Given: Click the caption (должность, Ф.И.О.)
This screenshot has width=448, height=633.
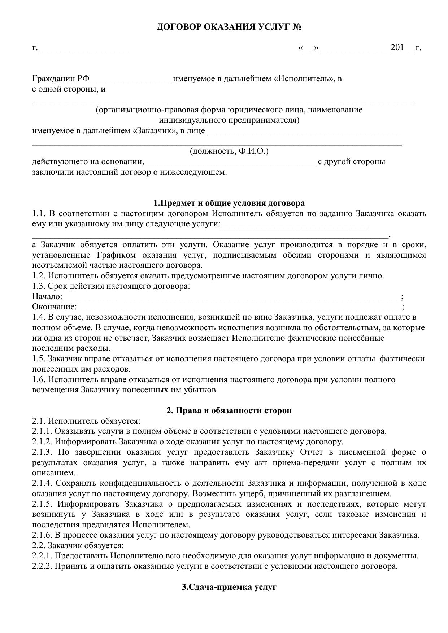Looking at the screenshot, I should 229,151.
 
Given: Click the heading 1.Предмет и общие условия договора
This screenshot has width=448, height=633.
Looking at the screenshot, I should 229,203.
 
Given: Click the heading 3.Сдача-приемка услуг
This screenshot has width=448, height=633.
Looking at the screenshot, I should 229,587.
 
